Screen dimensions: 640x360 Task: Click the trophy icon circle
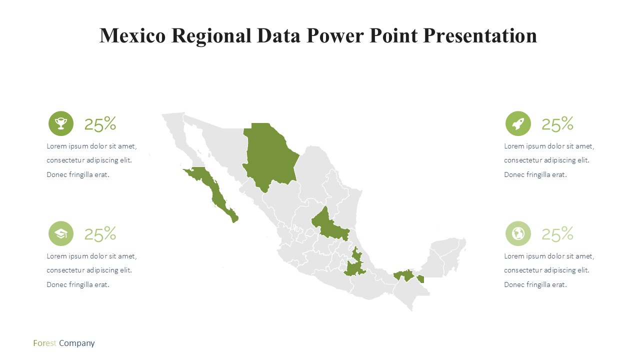(61, 123)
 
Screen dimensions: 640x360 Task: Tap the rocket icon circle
(518, 123)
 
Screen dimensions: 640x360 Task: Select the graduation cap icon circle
(61, 233)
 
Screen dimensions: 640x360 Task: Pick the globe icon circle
(518, 233)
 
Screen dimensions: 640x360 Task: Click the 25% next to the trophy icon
(100, 124)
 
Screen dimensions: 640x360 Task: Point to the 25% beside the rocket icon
(557, 124)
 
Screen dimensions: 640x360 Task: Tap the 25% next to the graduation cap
(100, 234)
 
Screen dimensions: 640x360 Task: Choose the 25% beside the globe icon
(557, 234)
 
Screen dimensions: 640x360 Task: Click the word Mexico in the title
(132, 35)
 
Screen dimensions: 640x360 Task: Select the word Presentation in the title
(480, 35)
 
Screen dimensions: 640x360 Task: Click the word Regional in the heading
(211, 36)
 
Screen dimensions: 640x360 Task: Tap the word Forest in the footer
(44, 343)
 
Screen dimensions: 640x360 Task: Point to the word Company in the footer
(77, 343)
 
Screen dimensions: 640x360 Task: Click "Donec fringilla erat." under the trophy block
(78, 174)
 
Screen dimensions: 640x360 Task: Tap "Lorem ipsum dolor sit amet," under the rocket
(549, 146)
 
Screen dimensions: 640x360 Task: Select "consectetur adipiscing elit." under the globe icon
(546, 270)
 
